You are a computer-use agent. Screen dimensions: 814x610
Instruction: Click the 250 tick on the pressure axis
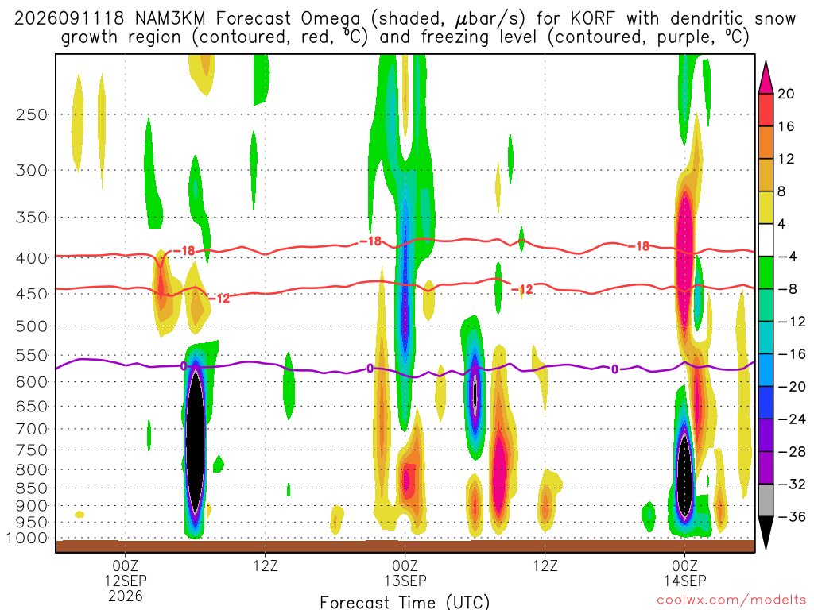[x=32, y=114]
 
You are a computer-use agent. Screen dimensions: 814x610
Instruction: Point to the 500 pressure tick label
[x=32, y=326]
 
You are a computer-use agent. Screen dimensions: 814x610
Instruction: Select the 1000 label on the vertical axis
[x=27, y=539]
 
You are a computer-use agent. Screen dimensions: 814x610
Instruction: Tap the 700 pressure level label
[x=32, y=429]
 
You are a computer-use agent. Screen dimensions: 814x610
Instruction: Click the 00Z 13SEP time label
[x=405, y=573]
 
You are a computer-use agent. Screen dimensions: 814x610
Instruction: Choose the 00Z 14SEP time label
[x=684, y=573]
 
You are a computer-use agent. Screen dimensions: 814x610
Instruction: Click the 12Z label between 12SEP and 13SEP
[x=266, y=566]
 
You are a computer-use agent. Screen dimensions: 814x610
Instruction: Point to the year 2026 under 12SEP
[x=126, y=596]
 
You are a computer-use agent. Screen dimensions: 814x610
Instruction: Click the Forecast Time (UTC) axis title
[x=405, y=602]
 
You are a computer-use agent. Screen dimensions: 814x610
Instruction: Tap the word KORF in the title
[x=592, y=19]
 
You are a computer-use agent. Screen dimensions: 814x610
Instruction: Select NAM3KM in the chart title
[x=170, y=19]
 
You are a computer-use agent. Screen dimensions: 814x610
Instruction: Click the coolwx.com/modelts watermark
[x=731, y=600]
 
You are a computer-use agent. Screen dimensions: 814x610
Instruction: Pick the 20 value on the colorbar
[x=785, y=94]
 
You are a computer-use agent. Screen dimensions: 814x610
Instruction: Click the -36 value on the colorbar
[x=792, y=516]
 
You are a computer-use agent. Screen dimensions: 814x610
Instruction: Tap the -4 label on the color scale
[x=787, y=257]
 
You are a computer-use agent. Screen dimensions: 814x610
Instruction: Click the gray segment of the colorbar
[x=766, y=500]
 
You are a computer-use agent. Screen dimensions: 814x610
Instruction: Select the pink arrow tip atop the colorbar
[x=766, y=62]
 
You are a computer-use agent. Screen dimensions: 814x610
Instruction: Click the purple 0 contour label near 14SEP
[x=614, y=369]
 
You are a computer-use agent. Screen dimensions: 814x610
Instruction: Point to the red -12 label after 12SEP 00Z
[x=220, y=299]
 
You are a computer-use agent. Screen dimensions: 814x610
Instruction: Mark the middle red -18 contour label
[x=370, y=241]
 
